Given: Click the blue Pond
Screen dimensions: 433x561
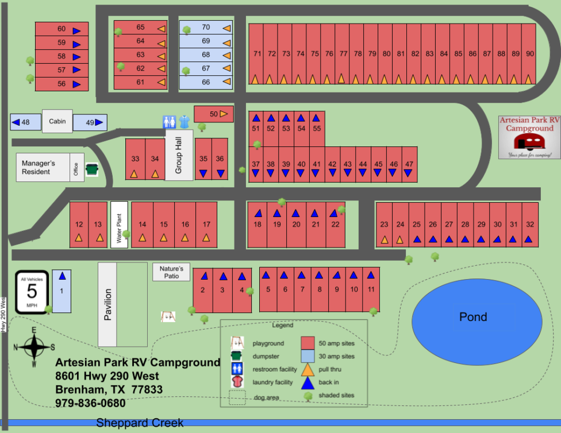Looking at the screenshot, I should point(477,317).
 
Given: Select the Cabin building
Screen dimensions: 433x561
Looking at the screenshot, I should point(57,121).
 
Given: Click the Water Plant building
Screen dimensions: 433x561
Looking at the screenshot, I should point(119,225).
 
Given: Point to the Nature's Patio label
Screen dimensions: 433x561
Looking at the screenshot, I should point(171,272).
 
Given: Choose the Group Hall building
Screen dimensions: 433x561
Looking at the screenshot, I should point(179,155).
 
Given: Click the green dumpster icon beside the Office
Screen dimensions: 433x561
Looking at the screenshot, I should point(91,169).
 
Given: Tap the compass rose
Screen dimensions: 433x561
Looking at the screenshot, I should point(34,347).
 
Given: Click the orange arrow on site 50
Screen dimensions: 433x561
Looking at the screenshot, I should point(224,114).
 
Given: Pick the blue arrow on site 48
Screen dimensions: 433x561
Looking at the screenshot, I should point(16,122).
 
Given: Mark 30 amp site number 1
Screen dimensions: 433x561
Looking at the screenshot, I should point(62,291).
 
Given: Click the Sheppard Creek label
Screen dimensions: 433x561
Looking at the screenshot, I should point(140,423).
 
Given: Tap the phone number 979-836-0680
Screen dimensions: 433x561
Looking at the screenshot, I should point(90,403).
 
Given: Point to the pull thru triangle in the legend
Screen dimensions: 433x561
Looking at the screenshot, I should point(308,370).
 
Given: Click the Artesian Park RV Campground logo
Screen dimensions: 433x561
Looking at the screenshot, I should point(529,137).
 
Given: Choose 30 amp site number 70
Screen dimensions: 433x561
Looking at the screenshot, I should point(206,28).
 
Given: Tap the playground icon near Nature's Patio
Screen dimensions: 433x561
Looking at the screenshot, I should point(168,316).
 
